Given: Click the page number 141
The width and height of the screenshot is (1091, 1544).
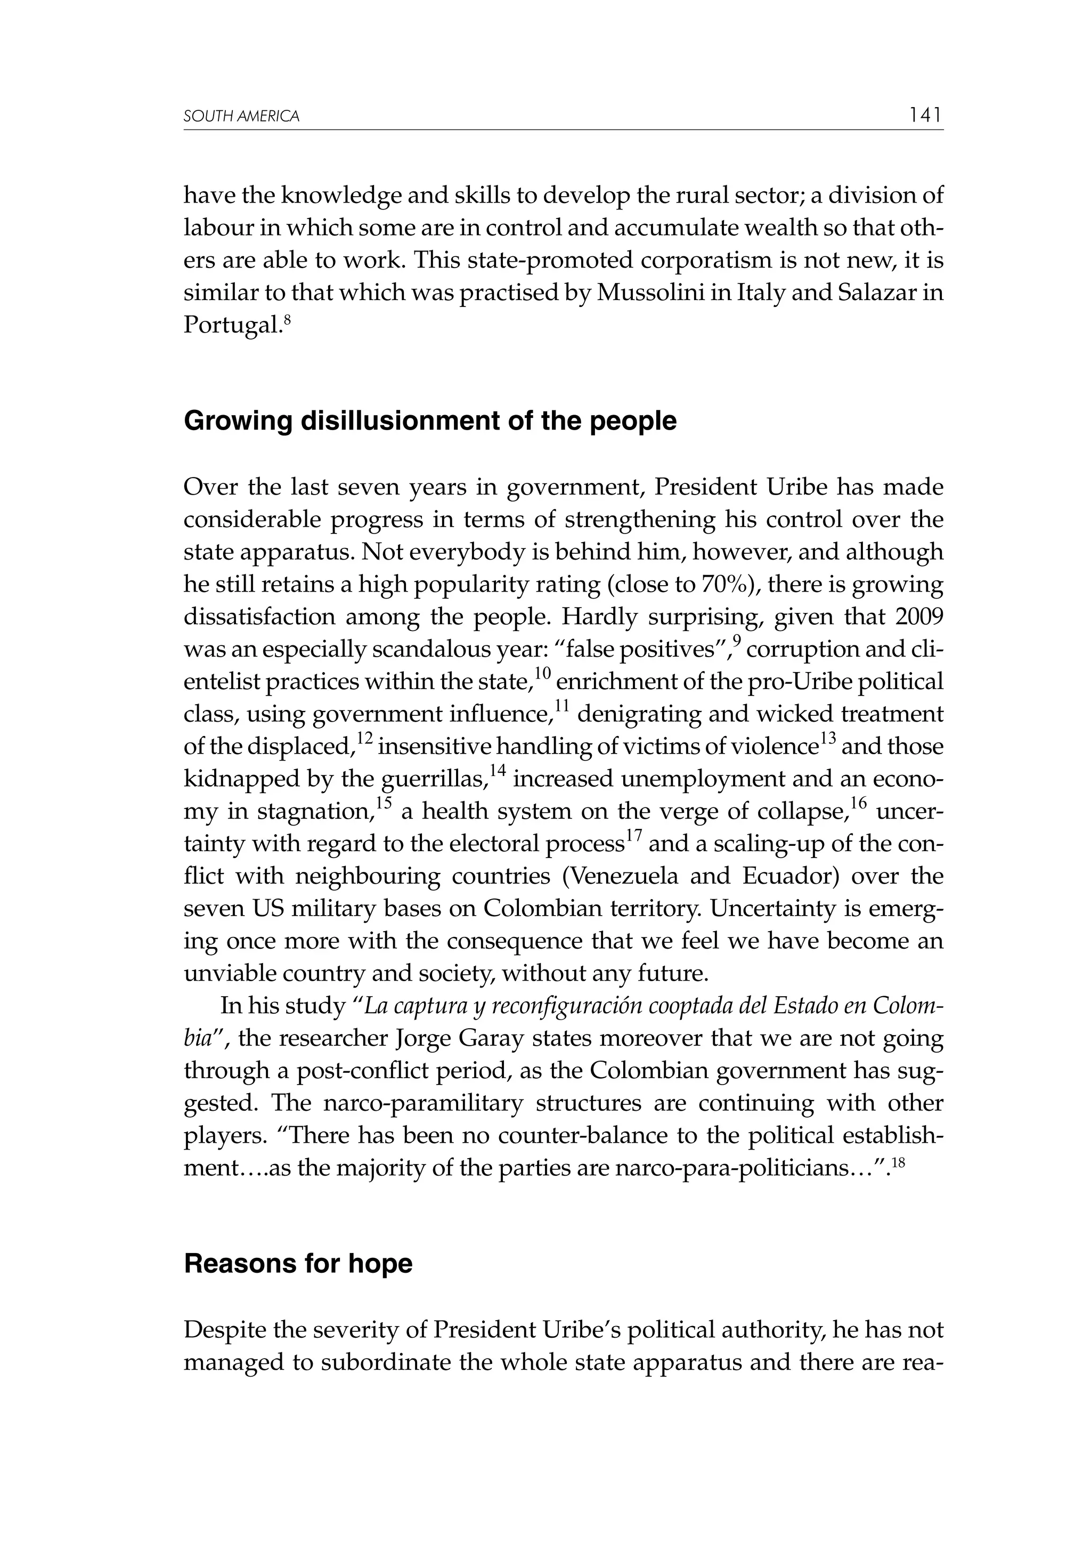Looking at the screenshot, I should [925, 115].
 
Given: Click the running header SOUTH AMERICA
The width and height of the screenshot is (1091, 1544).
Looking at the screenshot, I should [241, 116].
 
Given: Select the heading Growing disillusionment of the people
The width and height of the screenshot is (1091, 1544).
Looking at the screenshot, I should [430, 422].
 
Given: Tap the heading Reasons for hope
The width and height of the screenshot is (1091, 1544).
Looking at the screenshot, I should [298, 1264].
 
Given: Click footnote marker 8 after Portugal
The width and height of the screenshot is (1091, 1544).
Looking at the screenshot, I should [287, 320].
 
